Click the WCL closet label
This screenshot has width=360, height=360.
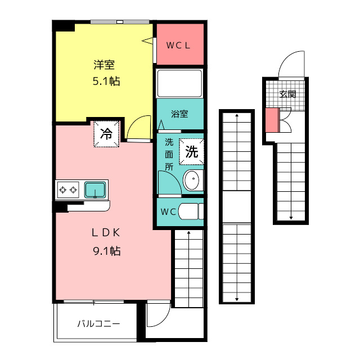(x=178, y=46)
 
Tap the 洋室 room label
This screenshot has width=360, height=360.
(x=104, y=65)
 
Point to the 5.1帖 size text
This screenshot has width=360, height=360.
(x=106, y=81)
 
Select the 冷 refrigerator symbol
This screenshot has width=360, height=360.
(x=106, y=134)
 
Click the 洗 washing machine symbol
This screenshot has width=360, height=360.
(x=191, y=151)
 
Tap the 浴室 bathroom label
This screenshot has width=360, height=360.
(x=179, y=114)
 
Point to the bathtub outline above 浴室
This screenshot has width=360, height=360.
(x=179, y=83)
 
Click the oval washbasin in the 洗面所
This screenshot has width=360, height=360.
(x=191, y=180)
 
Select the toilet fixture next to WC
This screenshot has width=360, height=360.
(x=191, y=211)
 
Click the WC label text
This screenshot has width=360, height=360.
(x=168, y=211)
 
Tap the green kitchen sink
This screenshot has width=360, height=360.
(x=95, y=190)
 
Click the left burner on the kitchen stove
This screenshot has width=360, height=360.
(x=62, y=190)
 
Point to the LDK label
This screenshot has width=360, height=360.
(x=106, y=233)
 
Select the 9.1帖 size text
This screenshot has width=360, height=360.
(x=107, y=251)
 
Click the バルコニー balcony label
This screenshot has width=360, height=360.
(x=98, y=324)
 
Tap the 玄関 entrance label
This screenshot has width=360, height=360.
(x=287, y=94)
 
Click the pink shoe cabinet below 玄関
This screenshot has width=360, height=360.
(x=272, y=120)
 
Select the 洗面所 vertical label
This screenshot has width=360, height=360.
(x=169, y=155)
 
